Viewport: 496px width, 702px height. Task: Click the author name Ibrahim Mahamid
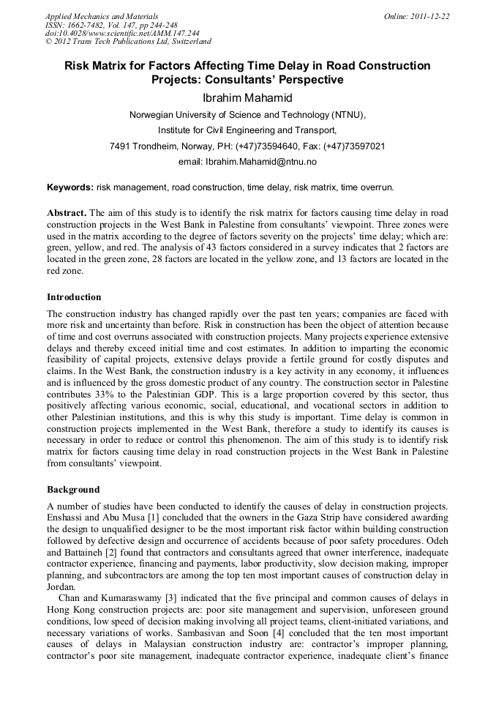[247, 97]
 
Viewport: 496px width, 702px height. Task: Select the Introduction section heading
[74, 297]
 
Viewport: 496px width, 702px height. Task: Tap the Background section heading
[73, 489]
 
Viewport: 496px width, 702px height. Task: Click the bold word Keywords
[69, 187]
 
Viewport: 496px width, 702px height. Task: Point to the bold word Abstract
[67, 212]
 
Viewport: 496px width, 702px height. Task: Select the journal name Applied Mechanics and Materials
[101, 16]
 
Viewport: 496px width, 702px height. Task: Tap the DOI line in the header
[122, 34]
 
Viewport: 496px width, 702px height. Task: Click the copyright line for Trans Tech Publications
[128, 42]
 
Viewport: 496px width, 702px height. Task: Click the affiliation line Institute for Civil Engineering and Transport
[247, 130]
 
